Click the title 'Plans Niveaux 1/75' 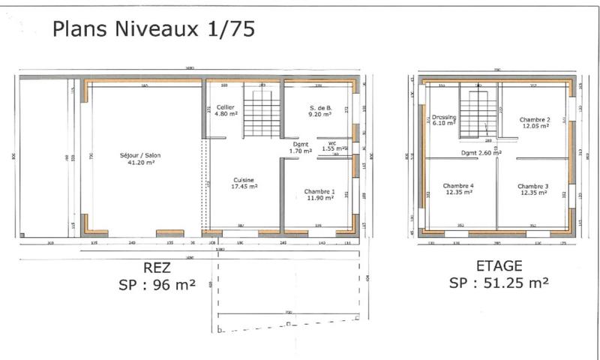pyautogui.click(x=153, y=29)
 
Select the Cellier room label pyautogui.click(x=226, y=108)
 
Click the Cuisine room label pyautogui.click(x=244, y=180)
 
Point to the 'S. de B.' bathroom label pyautogui.click(x=321, y=108)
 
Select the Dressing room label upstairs pyautogui.click(x=444, y=117)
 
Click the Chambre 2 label pyautogui.click(x=535, y=120)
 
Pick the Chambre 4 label pyautogui.click(x=457, y=186)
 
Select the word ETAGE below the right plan pyautogui.click(x=499, y=266)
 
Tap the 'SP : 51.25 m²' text pyautogui.click(x=499, y=283)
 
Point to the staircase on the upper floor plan pyautogui.click(x=478, y=112)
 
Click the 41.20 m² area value pyautogui.click(x=141, y=162)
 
